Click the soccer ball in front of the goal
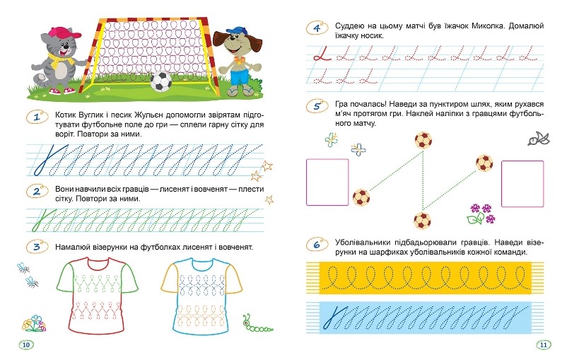point(161,81)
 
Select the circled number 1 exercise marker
point(37,117)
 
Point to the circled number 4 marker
point(317,28)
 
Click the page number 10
point(26,345)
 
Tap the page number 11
point(544,345)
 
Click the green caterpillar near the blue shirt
point(257,324)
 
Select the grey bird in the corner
point(539,139)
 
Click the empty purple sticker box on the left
point(327,182)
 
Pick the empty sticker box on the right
point(522,184)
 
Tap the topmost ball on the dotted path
point(423,140)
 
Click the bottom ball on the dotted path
point(422,220)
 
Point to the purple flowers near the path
point(481,214)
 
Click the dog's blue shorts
point(240,77)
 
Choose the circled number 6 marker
point(317,245)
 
